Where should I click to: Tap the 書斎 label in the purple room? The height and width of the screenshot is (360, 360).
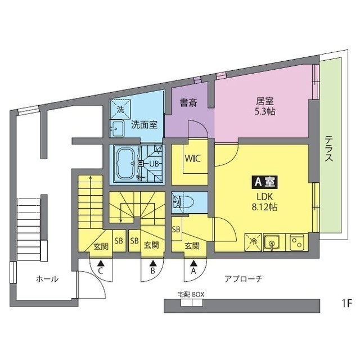(x=188, y=103)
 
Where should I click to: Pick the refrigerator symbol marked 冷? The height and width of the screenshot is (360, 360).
(x=251, y=243)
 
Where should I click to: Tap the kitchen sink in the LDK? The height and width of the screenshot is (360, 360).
(x=272, y=243)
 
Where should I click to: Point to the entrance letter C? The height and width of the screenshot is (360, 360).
(x=101, y=271)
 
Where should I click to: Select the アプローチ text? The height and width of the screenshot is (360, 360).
(x=243, y=278)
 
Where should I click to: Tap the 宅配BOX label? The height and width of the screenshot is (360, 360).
(x=190, y=294)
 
